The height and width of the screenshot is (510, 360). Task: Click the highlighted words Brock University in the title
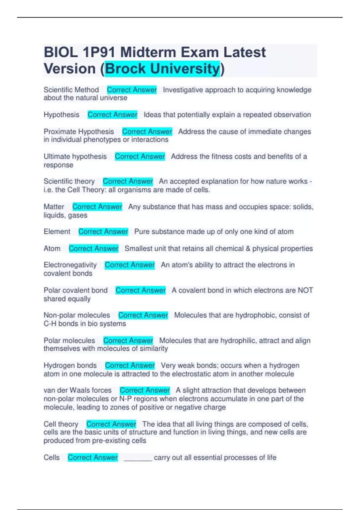click(x=162, y=69)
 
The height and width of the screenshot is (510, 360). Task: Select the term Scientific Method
click(x=71, y=90)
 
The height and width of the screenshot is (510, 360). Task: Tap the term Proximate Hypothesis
click(x=79, y=131)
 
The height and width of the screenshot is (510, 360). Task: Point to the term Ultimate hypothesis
click(x=75, y=156)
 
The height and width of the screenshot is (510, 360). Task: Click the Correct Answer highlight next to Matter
click(x=97, y=207)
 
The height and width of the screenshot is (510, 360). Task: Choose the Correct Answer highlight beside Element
click(x=103, y=232)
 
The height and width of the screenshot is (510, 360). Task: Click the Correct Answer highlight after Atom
click(x=94, y=248)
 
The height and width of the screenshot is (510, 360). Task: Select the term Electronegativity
click(x=70, y=265)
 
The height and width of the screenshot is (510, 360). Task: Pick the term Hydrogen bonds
click(x=70, y=365)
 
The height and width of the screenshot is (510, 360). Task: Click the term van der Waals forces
click(x=77, y=390)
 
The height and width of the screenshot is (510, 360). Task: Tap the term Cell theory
click(x=61, y=424)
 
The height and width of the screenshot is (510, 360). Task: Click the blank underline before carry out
click(x=138, y=458)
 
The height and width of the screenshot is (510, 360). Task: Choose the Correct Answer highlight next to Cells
click(x=93, y=457)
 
